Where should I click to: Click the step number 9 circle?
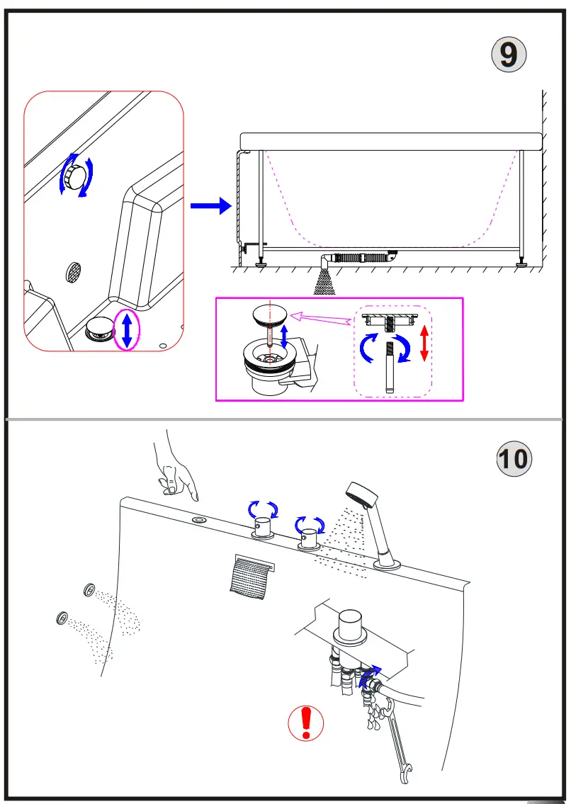(x=509, y=55)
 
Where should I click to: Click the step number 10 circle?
(x=513, y=458)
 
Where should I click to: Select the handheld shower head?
(x=361, y=496)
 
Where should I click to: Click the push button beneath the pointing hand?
(x=199, y=521)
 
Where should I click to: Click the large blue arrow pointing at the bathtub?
(x=210, y=206)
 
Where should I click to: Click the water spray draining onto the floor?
(x=324, y=282)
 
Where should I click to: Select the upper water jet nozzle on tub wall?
(x=89, y=589)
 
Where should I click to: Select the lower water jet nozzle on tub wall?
(x=62, y=618)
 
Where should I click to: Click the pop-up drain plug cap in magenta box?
(x=269, y=313)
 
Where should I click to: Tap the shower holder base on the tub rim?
(x=388, y=564)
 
